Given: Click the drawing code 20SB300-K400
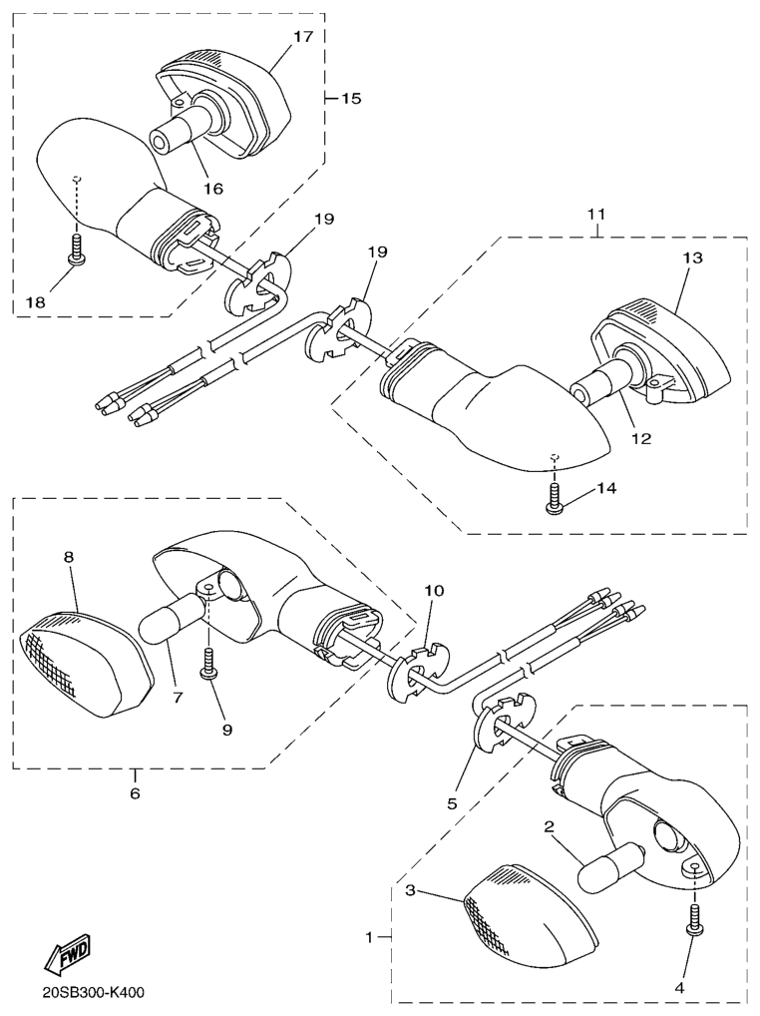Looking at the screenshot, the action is (x=93, y=993).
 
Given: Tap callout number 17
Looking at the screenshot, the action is (x=302, y=36).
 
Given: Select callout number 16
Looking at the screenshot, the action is (x=213, y=189).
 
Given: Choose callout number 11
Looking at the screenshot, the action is (x=596, y=214).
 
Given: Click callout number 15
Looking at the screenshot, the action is (x=350, y=99).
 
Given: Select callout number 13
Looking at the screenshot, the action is (x=691, y=257).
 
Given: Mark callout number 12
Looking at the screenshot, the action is (x=641, y=439).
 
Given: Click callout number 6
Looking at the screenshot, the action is (x=135, y=793).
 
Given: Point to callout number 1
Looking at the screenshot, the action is (x=369, y=937).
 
